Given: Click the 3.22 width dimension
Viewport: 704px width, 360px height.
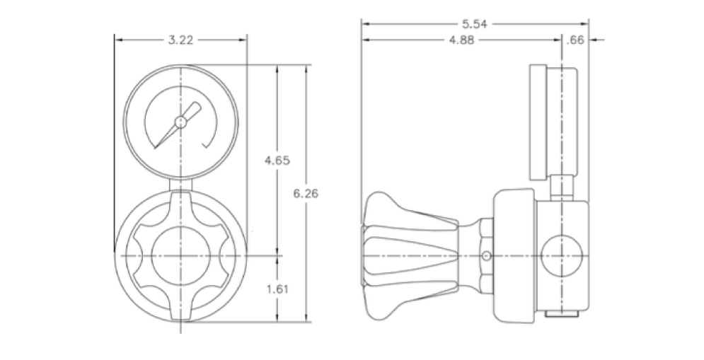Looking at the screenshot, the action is click(180, 40).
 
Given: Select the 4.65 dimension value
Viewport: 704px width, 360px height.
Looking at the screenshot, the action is click(277, 161).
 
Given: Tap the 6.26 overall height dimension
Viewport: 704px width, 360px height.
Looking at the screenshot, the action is click(306, 194).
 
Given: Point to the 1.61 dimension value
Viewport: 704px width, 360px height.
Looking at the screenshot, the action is click(277, 289).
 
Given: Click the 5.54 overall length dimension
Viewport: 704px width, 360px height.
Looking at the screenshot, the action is click(475, 24).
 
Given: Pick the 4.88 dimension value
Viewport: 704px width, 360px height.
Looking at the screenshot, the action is click(461, 40).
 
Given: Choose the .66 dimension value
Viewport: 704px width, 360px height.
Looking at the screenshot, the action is click(575, 40).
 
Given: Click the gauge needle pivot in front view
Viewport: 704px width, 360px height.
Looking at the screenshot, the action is click(180, 122).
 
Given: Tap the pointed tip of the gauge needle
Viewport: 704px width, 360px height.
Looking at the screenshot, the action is click(156, 148).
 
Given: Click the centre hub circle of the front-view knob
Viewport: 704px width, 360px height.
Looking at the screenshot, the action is click(180, 255).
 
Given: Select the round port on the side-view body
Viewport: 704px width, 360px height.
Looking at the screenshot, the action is click(562, 255).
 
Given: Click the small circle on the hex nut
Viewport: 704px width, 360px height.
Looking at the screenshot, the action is click(485, 256).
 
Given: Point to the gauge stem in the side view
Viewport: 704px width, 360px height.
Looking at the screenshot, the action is click(562, 187).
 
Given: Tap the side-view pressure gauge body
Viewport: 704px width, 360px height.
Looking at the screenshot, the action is click(553, 121).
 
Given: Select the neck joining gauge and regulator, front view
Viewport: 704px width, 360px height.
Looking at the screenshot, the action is click(180, 184).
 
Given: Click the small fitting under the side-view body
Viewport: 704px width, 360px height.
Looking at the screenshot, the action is click(562, 314).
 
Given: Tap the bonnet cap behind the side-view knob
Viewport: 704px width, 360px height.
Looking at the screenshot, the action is click(514, 256).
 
